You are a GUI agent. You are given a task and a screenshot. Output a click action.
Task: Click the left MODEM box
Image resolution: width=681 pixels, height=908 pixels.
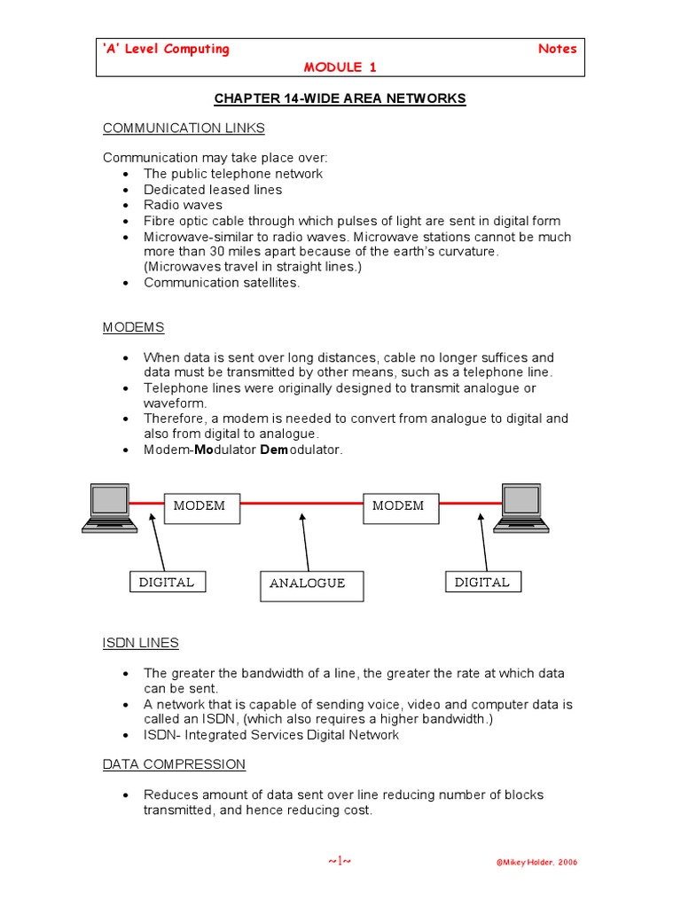tap(201, 506)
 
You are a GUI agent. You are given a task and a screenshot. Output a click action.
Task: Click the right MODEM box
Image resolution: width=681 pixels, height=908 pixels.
tap(401, 506)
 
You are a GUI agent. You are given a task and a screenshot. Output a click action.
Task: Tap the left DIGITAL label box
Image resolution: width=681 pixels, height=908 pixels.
tap(167, 583)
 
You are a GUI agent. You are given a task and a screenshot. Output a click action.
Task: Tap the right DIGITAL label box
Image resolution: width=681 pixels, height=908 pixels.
tap(482, 583)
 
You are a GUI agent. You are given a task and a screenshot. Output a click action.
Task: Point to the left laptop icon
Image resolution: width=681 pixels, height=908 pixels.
tap(109, 507)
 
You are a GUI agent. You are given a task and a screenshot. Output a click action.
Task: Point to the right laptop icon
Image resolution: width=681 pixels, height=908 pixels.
tap(521, 507)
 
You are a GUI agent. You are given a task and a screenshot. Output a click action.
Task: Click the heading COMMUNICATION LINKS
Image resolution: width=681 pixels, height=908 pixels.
tap(184, 128)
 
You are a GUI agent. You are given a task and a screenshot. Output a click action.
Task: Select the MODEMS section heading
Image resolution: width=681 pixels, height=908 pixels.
tap(133, 327)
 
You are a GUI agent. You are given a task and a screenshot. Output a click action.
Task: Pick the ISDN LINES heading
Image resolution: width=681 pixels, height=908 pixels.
tap(140, 643)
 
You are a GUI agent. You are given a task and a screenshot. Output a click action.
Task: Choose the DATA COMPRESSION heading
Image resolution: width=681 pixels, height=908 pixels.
tap(174, 764)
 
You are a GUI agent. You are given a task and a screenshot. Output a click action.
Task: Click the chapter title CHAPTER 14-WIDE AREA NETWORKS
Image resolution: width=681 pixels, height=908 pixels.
tap(340, 98)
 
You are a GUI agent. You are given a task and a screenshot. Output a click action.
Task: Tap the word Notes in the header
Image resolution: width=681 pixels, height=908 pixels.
tap(557, 49)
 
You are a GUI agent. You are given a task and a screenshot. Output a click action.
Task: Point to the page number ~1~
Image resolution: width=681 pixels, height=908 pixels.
tap(340, 861)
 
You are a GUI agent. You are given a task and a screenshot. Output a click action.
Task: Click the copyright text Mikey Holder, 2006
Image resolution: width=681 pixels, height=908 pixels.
tap(535, 863)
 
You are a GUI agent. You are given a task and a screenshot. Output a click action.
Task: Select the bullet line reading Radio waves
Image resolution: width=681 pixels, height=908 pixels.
tap(184, 205)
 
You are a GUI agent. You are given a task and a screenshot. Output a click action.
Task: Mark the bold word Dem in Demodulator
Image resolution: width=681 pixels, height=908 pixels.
tap(272, 450)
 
